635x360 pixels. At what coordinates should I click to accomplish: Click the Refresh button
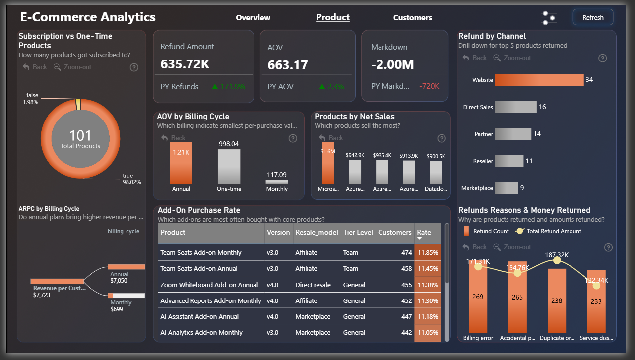[x=593, y=17]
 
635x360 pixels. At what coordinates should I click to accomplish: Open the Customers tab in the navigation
[x=412, y=18]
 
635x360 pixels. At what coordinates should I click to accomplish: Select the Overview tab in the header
[x=253, y=18]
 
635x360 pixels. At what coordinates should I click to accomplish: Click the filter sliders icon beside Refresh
[x=549, y=18]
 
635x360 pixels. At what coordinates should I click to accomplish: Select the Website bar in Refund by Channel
[x=539, y=80]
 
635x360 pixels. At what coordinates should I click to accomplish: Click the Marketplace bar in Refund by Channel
[x=507, y=188]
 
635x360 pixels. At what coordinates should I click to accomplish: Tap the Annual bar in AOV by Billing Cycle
[x=181, y=164]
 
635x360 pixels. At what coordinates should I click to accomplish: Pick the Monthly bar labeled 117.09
[x=277, y=182]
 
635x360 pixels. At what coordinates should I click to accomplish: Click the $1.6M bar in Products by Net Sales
[x=328, y=164]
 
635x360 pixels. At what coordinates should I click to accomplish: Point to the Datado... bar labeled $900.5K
[x=435, y=173]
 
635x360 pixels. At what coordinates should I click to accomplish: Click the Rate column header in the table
[x=424, y=233]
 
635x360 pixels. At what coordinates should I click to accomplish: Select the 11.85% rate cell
[x=427, y=253]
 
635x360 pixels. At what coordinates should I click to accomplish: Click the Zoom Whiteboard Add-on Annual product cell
[x=209, y=285]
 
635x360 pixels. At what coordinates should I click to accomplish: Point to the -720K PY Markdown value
[x=429, y=86]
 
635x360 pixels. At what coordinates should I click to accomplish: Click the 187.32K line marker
[x=557, y=261]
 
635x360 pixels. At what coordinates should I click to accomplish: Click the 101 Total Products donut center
[x=80, y=138]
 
